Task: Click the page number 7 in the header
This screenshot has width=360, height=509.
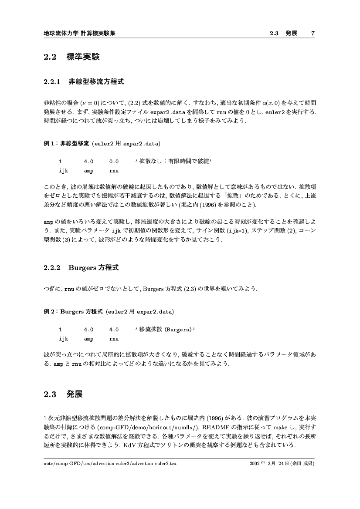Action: coord(312,33)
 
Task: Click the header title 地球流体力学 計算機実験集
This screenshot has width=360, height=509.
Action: coord(80,33)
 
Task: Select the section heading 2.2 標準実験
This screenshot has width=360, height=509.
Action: coord(72,57)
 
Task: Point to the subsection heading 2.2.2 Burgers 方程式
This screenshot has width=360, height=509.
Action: coord(81,268)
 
